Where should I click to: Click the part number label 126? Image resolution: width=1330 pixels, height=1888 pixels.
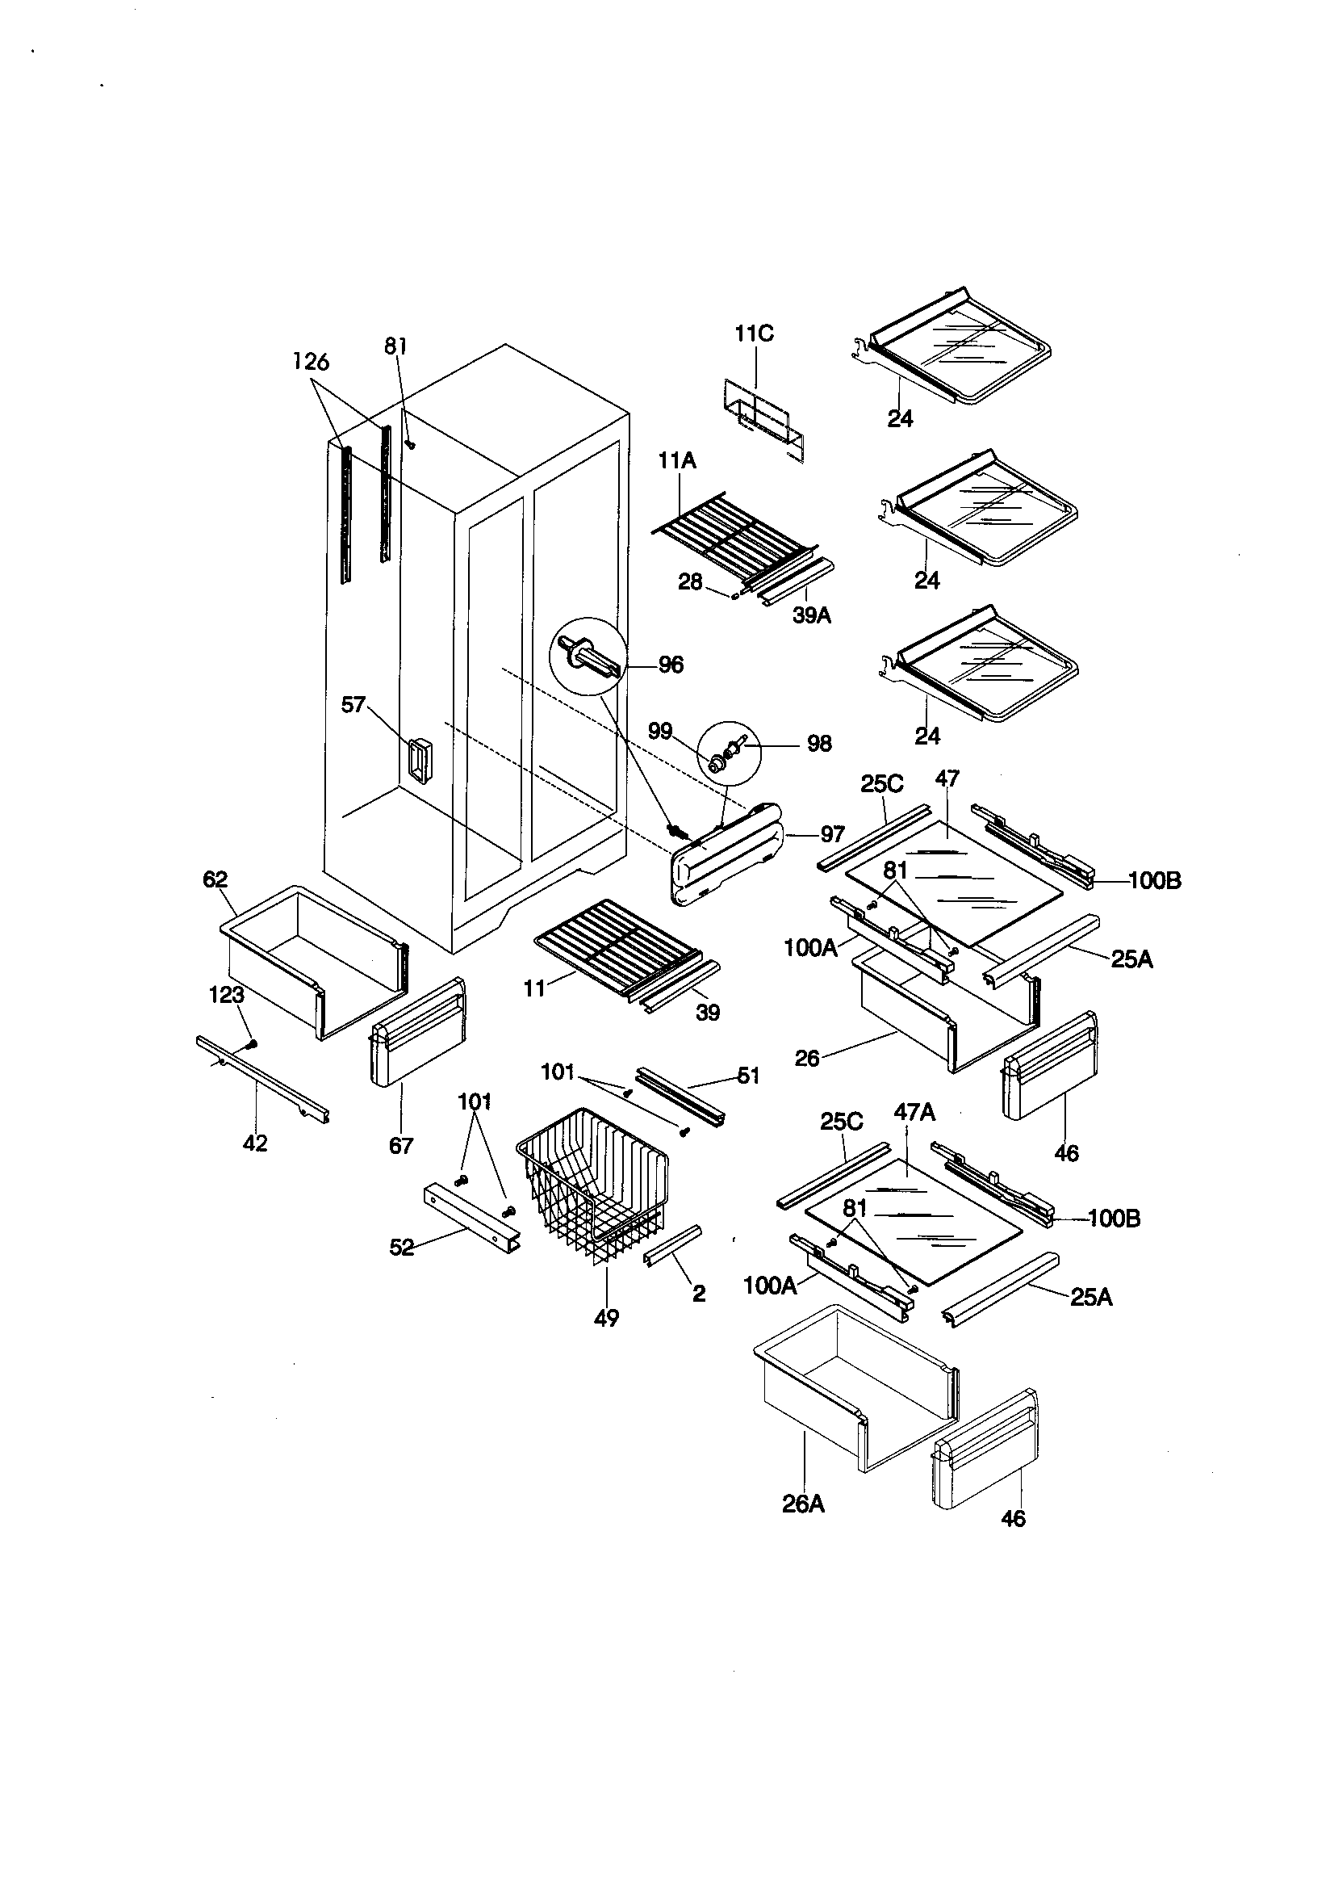pyautogui.click(x=312, y=361)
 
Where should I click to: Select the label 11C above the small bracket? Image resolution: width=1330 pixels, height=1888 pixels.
pyautogui.click(x=754, y=334)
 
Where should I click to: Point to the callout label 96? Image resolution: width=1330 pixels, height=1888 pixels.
pyautogui.click(x=671, y=665)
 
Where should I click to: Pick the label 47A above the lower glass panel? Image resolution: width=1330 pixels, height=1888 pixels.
pyautogui.click(x=915, y=1112)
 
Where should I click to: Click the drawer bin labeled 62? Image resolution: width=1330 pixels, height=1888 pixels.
pyautogui.click(x=312, y=954)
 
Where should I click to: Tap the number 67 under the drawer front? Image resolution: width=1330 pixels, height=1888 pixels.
pyautogui.click(x=401, y=1144)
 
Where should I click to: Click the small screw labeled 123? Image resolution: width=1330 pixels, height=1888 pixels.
pyautogui.click(x=253, y=1043)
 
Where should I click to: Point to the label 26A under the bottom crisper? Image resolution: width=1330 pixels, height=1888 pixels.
pyautogui.click(x=803, y=1504)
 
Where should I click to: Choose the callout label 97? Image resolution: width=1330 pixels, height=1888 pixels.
pyautogui.click(x=832, y=835)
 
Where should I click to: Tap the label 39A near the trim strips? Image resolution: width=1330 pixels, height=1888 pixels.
pyautogui.click(x=811, y=615)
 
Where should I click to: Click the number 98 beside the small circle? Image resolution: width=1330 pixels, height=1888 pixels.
pyautogui.click(x=818, y=744)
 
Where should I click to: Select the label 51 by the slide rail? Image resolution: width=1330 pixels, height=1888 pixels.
pyautogui.click(x=748, y=1076)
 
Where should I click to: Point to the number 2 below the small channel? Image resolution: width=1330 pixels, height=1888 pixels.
pyautogui.click(x=699, y=1294)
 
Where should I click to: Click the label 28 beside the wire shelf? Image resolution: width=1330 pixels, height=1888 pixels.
pyautogui.click(x=690, y=582)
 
